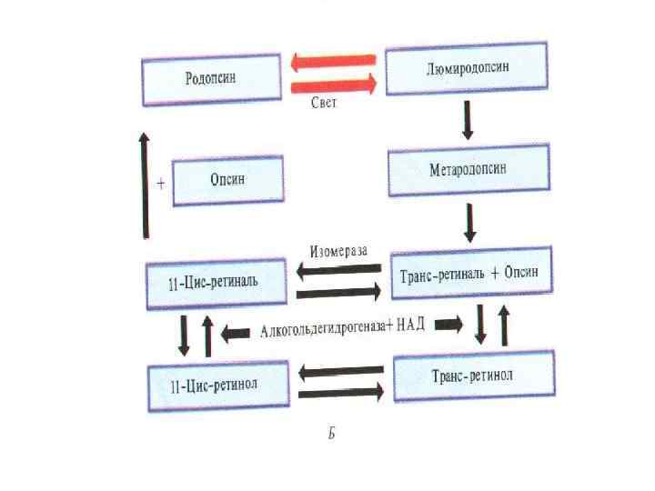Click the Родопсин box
tap(210, 79)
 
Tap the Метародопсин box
tap(469, 170)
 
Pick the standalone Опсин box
tap(228, 180)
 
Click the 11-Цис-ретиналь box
tap(217, 281)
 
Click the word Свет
tap(323, 103)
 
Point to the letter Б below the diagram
tap(332, 434)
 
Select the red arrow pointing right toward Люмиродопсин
tap(333, 85)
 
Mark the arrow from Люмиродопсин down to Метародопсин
tap(469, 119)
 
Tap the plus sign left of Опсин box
tap(161, 183)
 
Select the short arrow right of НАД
tap(448, 324)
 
